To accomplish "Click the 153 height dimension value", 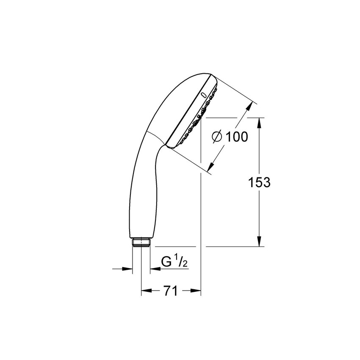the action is (260, 183).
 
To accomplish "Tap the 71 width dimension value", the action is (171, 291).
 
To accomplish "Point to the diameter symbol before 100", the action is (217, 137).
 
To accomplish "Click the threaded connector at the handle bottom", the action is (141, 242).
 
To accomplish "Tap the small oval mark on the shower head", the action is (203, 94).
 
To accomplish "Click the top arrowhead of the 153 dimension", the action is (260, 123).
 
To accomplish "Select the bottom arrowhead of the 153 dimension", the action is (260, 241).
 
